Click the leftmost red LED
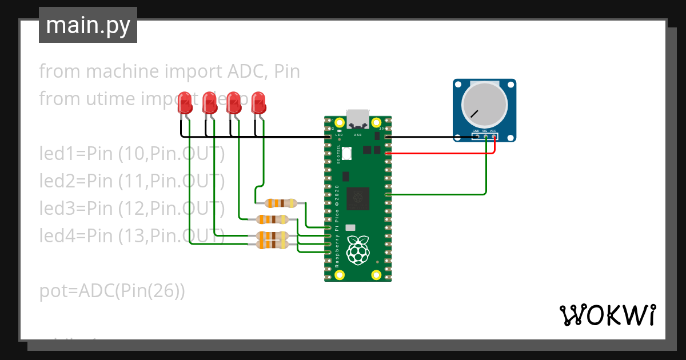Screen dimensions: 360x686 click(185, 103)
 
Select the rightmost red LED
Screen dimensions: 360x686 click(259, 103)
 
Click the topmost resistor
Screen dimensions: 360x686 click(278, 202)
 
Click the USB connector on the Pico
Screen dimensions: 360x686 click(358, 118)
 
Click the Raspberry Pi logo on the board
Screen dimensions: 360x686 click(358, 250)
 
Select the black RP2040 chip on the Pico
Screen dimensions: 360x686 click(358, 198)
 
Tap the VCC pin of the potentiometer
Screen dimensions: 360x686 click(493, 137)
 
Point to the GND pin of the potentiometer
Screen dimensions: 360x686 click(476, 137)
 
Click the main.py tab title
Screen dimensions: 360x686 click(88, 25)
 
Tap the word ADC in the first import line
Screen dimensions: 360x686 click(247, 71)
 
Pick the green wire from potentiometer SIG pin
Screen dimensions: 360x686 click(486, 171)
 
